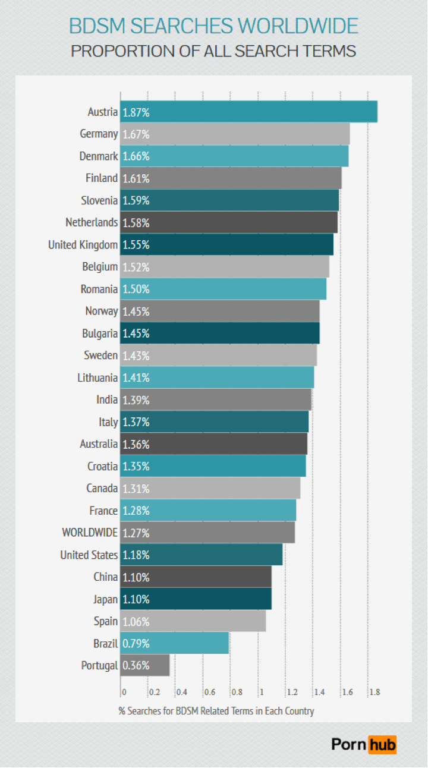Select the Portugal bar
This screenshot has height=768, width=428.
tap(145, 666)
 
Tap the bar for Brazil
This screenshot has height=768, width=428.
tap(175, 644)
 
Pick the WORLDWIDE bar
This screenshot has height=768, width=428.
tap(207, 533)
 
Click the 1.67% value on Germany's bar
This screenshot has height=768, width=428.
tap(136, 134)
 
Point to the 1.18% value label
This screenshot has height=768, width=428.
tap(136, 555)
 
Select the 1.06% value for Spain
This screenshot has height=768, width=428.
tap(136, 622)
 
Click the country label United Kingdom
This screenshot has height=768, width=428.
tap(83, 244)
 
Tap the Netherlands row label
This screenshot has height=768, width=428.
tap(92, 222)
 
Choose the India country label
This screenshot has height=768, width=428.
tap(107, 399)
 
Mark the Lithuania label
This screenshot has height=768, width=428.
tap(97, 377)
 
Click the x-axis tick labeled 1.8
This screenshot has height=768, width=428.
tap(374, 692)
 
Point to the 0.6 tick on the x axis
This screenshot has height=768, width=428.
tap(209, 692)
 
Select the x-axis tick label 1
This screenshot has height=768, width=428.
tap(261, 692)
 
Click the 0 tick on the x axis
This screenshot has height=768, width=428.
tap(124, 692)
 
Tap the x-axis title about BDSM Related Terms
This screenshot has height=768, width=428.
tap(216, 711)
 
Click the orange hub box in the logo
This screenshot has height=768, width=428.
tap(382, 744)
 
